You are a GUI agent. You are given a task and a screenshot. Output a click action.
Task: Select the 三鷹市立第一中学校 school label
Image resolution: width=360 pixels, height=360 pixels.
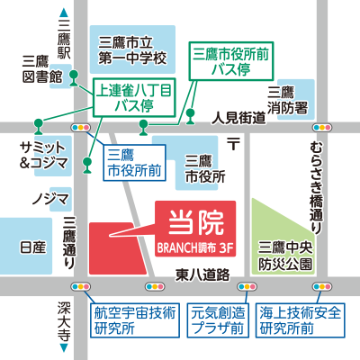tap(134, 49)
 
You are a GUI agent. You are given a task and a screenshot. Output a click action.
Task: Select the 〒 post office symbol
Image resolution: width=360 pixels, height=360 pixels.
tap(232, 142)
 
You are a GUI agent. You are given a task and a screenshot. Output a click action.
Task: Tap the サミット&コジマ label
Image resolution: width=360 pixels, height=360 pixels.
tap(43, 155)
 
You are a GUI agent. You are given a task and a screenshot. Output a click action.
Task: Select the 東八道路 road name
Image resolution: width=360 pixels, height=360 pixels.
tap(203, 273)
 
